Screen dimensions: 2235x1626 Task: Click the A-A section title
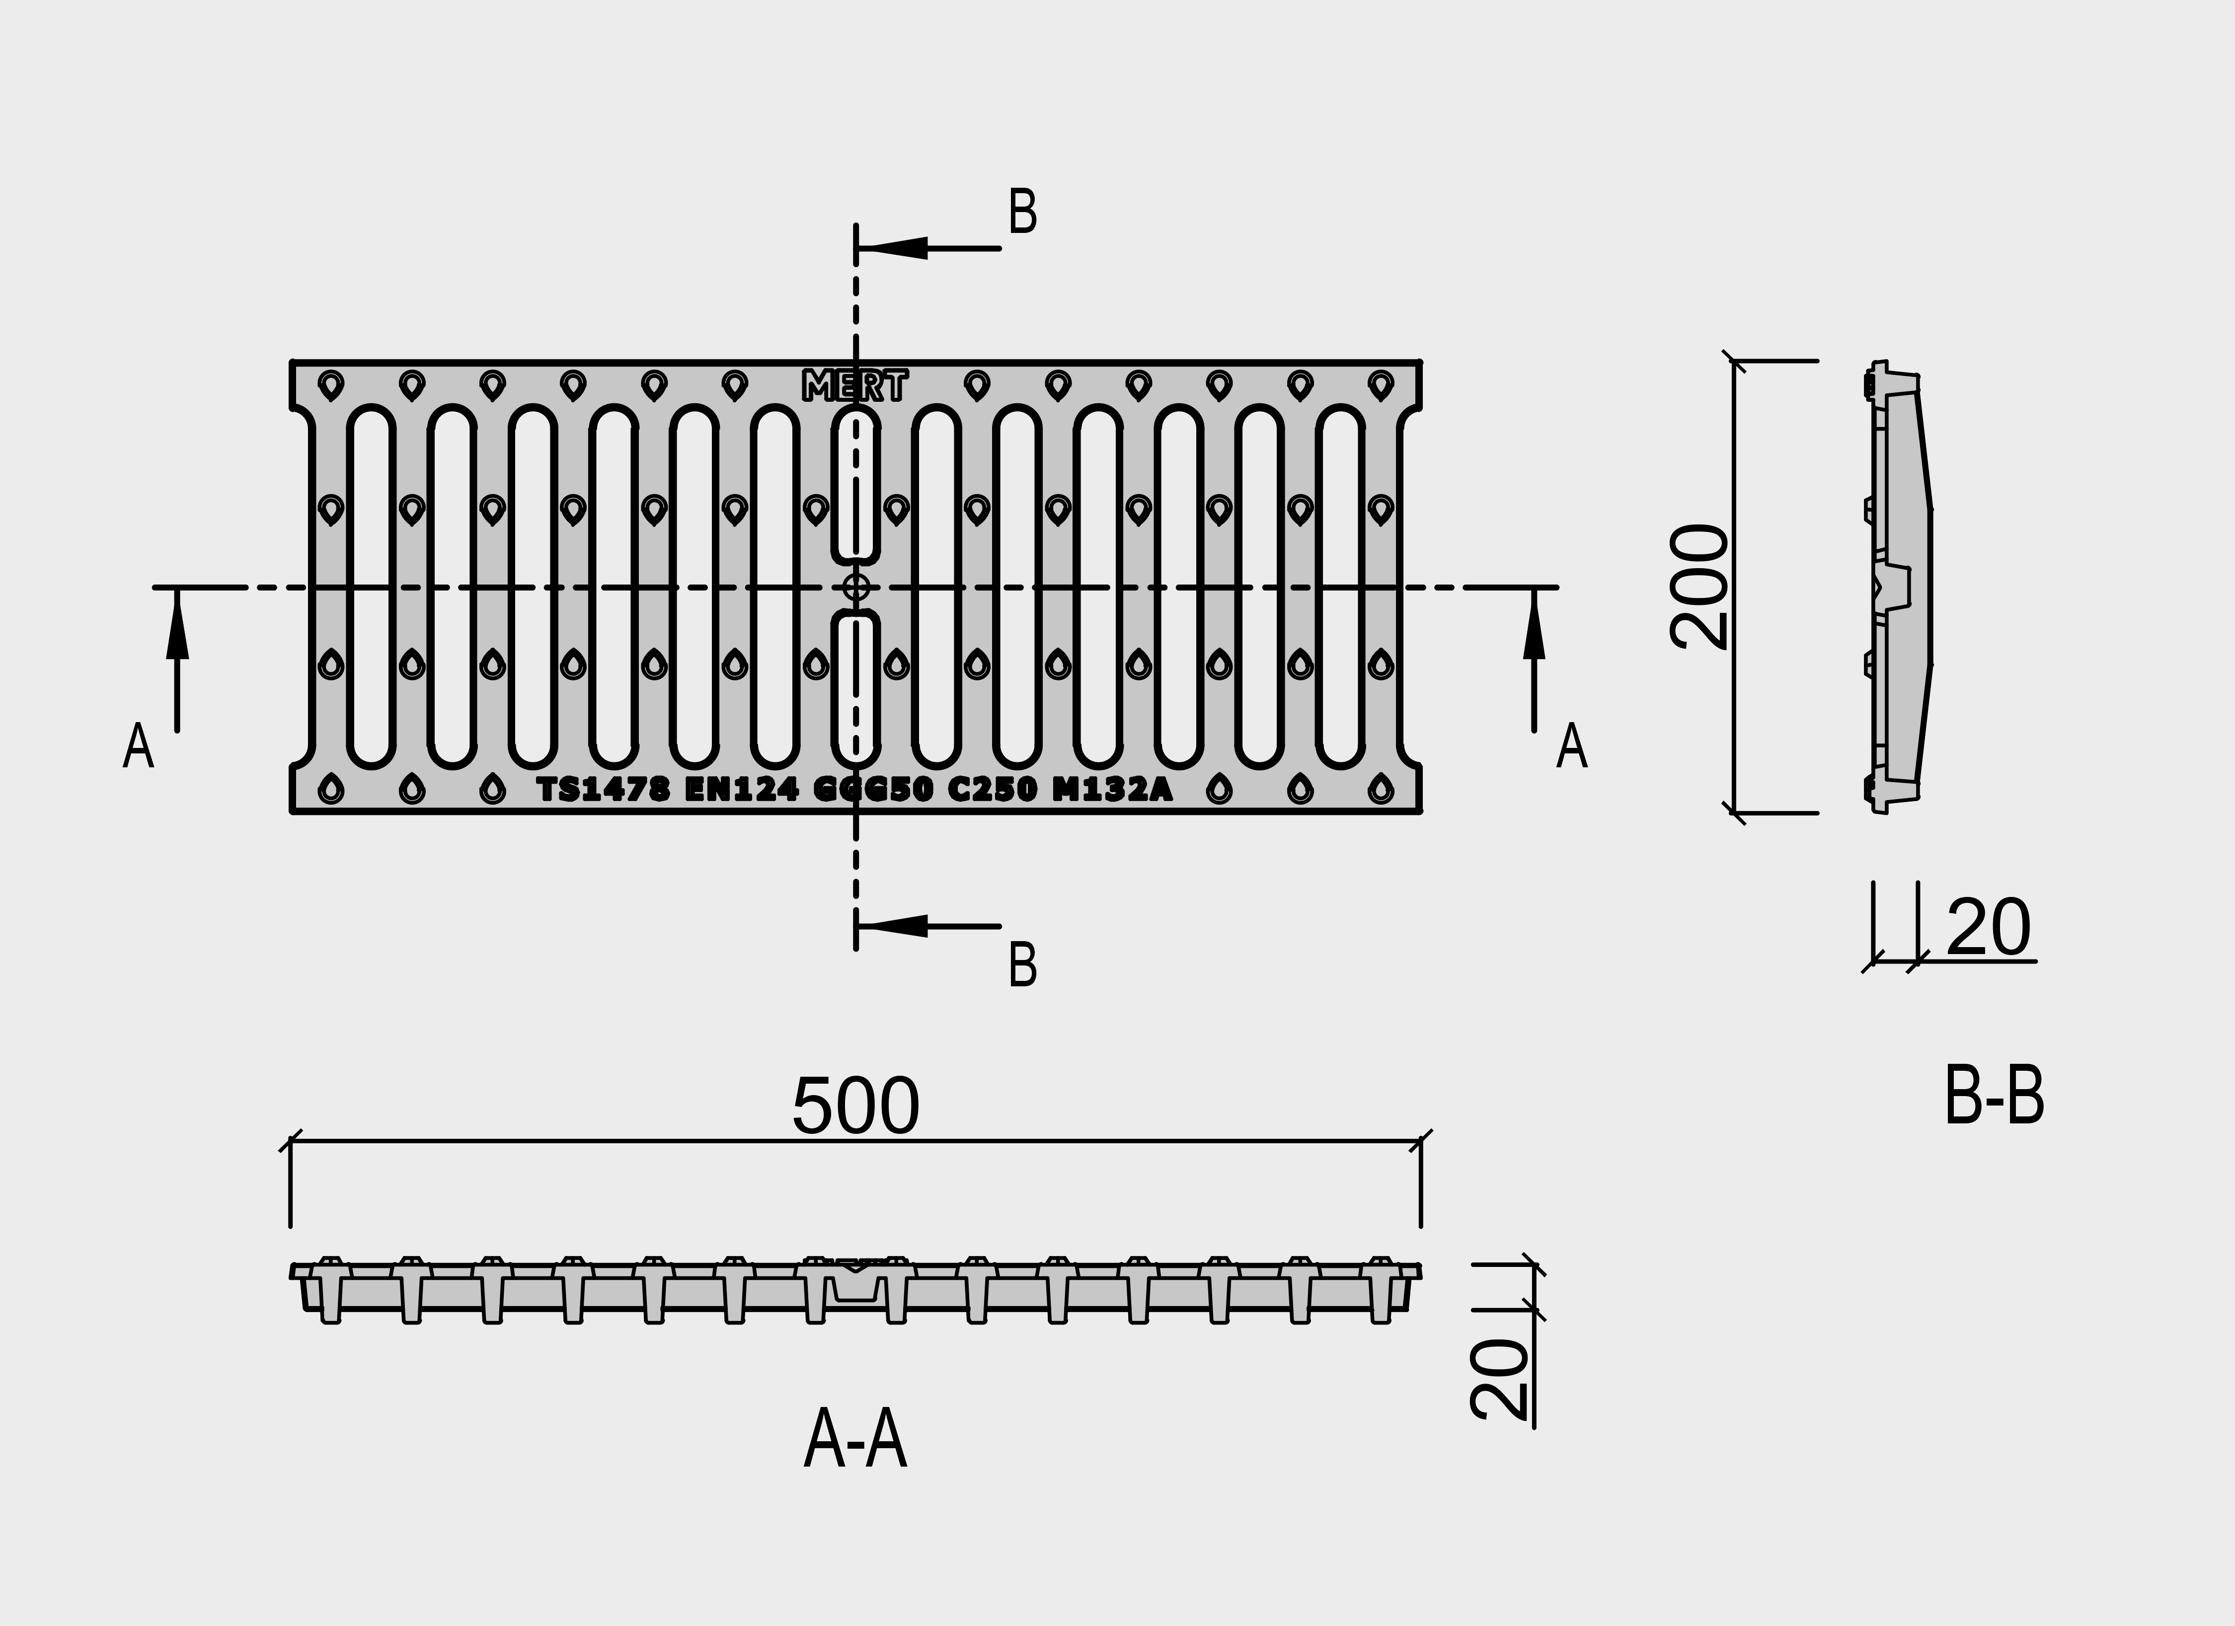(855, 1441)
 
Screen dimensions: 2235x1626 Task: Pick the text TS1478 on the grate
(603, 789)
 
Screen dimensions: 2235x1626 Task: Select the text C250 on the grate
(993, 789)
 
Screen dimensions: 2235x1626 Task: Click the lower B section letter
(1023, 966)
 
